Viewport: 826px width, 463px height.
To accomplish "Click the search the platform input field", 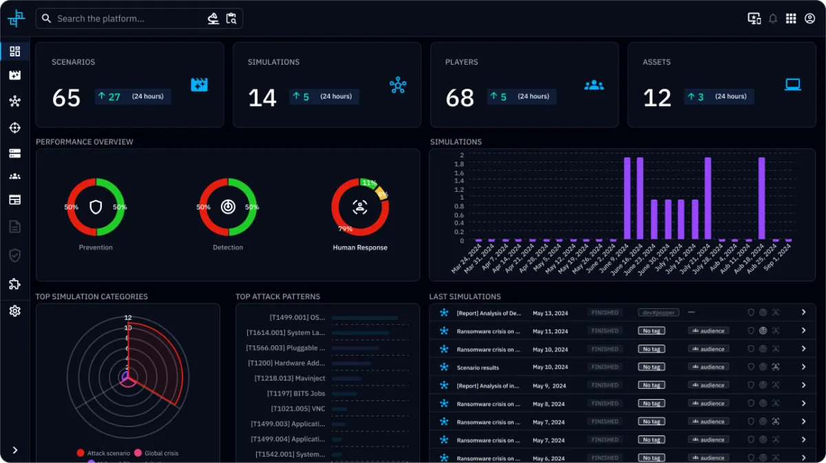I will click(124, 19).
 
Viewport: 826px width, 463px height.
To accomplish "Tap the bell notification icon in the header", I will click(773, 19).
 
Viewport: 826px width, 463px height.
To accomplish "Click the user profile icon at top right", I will click(809, 19).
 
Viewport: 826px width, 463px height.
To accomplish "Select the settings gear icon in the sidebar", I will click(14, 311).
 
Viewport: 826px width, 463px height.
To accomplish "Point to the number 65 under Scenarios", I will click(66, 98).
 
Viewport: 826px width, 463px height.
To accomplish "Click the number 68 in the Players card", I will click(460, 98).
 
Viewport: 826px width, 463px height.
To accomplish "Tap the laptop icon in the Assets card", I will click(793, 85).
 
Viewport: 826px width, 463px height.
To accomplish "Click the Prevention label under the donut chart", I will click(96, 248).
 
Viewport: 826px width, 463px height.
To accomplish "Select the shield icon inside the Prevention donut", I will click(96, 207).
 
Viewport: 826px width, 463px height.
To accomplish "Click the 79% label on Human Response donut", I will click(345, 229).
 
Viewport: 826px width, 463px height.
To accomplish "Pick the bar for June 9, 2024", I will click(627, 199).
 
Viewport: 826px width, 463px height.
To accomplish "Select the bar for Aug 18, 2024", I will click(762, 199).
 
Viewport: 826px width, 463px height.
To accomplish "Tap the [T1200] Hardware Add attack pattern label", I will click(286, 363).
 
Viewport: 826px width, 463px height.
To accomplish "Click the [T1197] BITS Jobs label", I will click(296, 394).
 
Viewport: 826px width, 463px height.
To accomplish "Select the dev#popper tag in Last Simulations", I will click(658, 312).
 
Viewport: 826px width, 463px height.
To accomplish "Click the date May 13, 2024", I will click(549, 313).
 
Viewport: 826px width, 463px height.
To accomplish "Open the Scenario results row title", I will click(478, 367).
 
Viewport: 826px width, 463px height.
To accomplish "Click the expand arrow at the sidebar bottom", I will click(14, 450).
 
